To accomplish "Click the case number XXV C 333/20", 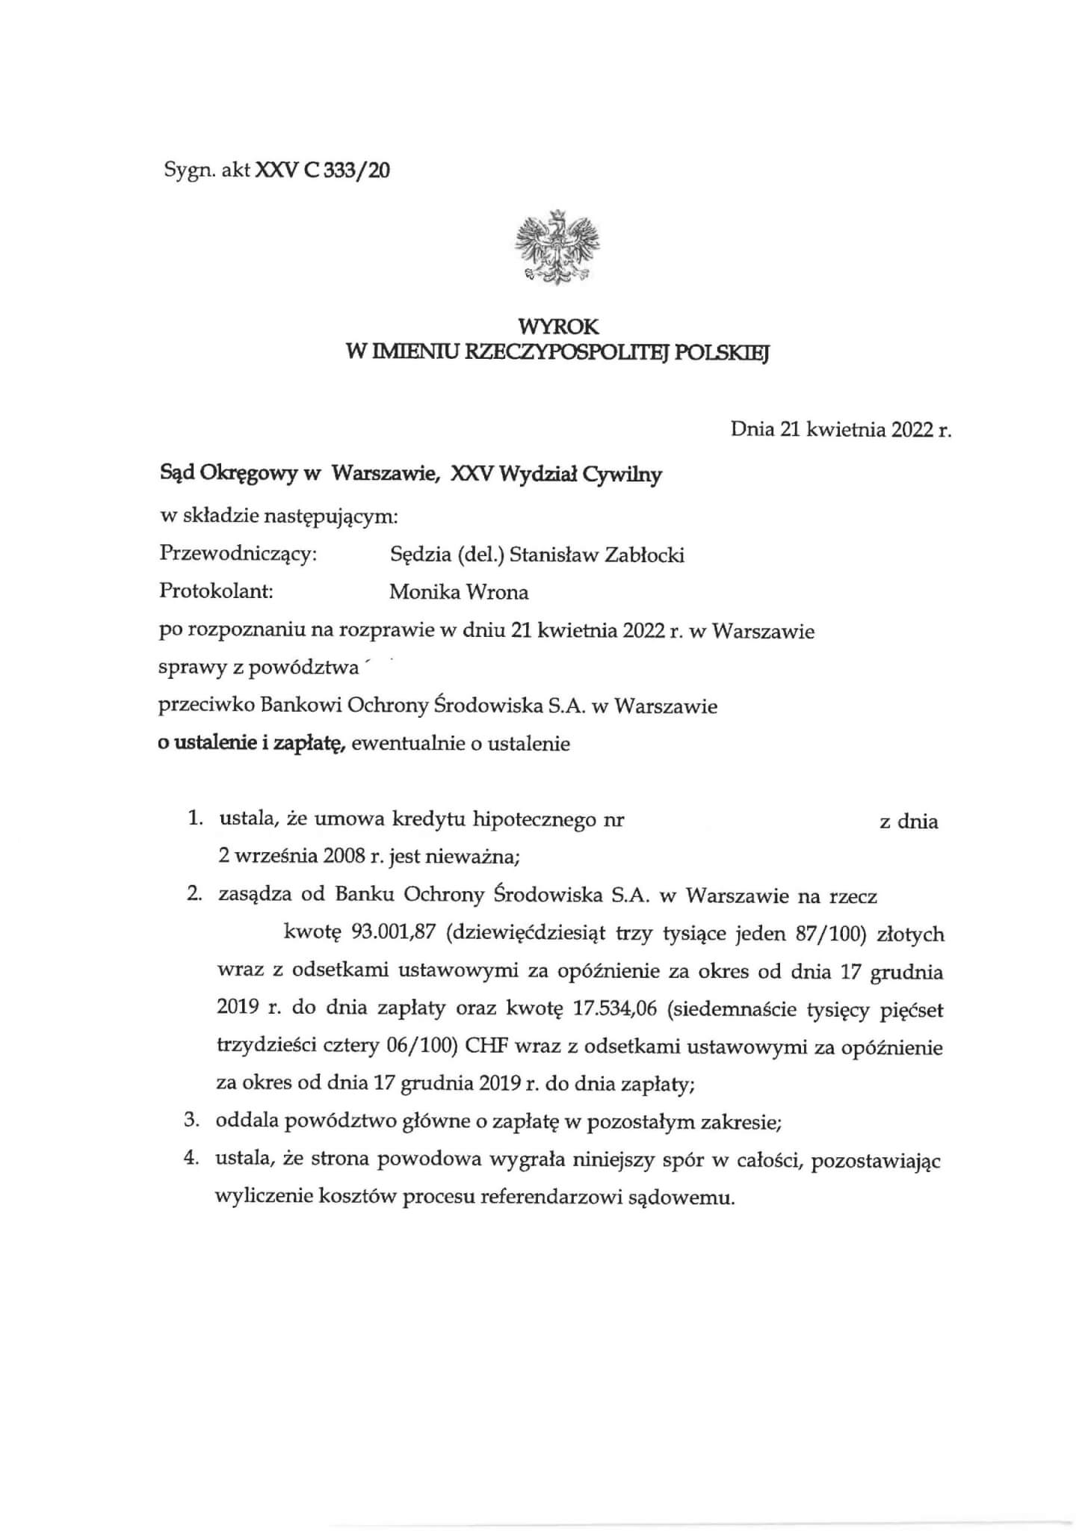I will [x=323, y=171].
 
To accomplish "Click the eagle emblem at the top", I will [x=557, y=247].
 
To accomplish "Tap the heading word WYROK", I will [x=558, y=327].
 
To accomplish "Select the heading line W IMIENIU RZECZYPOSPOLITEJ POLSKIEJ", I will [x=557, y=352].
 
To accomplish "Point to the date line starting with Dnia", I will [x=841, y=430].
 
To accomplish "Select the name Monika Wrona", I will [x=459, y=593].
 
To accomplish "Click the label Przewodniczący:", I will [x=238, y=554].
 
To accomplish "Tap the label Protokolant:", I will [x=216, y=591].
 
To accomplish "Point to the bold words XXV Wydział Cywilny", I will [x=556, y=474].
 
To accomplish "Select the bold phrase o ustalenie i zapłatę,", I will [x=251, y=743].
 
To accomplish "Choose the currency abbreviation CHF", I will [x=487, y=1047].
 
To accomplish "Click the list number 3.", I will [x=192, y=1121].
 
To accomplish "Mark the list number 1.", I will [x=194, y=819].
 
